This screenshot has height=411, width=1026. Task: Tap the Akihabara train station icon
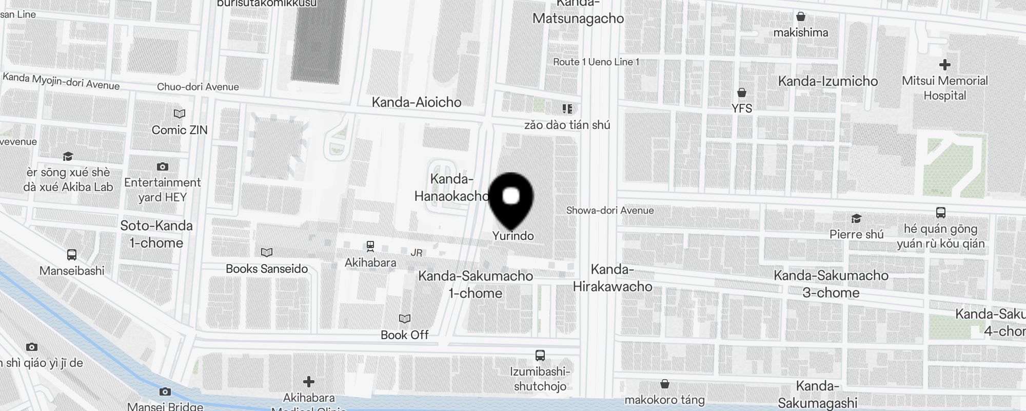click(x=370, y=247)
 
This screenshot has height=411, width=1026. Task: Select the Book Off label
click(x=404, y=335)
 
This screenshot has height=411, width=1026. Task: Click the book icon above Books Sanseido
click(x=267, y=252)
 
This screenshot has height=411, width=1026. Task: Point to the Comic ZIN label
click(x=180, y=130)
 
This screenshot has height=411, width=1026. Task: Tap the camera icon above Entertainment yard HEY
click(x=163, y=166)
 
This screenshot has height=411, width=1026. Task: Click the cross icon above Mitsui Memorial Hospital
click(x=944, y=65)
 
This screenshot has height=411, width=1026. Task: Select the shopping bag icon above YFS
click(x=742, y=92)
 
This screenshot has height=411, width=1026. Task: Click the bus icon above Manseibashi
click(x=72, y=254)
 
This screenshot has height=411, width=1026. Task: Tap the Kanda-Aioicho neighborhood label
click(x=417, y=102)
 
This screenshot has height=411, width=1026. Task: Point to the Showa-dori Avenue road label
click(x=610, y=210)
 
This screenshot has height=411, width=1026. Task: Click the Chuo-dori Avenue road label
click(x=198, y=87)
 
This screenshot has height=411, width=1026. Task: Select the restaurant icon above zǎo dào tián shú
click(x=567, y=108)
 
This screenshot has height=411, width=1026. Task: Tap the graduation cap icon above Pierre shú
click(x=856, y=219)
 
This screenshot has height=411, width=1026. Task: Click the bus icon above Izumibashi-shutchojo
click(x=540, y=355)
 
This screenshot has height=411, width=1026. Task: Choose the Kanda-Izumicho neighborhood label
click(x=828, y=81)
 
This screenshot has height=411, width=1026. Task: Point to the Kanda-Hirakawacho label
click(x=613, y=278)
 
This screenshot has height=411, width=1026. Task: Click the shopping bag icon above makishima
click(x=801, y=16)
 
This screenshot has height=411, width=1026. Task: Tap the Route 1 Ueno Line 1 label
click(x=596, y=62)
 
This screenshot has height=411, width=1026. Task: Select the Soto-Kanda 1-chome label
click(x=156, y=234)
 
